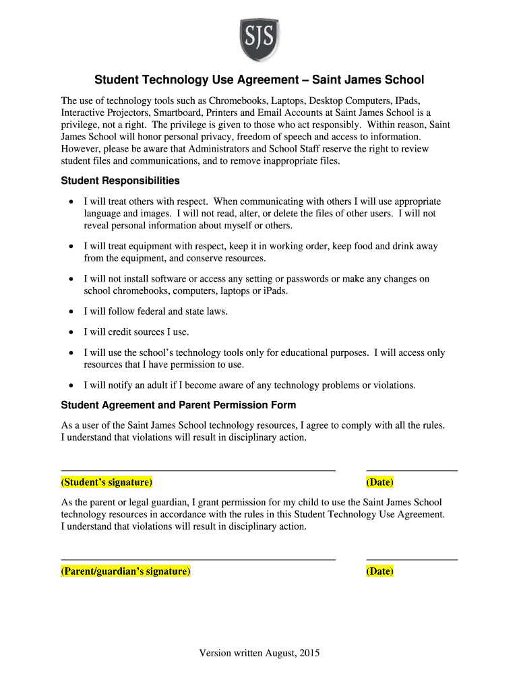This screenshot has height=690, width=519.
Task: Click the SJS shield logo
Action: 259,39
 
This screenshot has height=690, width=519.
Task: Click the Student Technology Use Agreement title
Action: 259,80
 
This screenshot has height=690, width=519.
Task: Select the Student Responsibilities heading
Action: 120,181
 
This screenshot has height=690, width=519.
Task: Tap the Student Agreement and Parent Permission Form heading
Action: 179,406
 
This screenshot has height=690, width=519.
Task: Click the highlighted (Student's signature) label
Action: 106,482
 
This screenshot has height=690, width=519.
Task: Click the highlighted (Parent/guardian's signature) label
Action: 126,571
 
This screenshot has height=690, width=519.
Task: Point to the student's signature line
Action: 198,470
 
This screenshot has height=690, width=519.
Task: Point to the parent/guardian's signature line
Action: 198,559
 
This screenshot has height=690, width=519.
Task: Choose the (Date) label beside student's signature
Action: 379,482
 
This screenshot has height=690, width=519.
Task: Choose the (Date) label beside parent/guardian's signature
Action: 379,571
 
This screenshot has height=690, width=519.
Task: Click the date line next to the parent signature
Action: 412,559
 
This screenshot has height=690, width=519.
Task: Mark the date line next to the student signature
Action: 412,470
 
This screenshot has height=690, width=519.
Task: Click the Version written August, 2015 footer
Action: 259,653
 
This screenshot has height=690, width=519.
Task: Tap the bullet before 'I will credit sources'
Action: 71,332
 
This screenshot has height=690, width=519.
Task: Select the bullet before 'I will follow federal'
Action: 71,311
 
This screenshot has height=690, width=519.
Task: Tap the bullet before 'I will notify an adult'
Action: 71,385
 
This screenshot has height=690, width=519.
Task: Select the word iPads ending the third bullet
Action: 275,291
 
